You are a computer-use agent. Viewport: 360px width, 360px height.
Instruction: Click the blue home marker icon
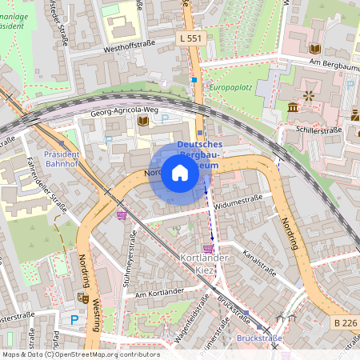pos(180,173)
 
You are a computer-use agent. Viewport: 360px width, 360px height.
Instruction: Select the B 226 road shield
pos(344,322)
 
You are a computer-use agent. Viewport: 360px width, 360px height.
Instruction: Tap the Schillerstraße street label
pos(319,130)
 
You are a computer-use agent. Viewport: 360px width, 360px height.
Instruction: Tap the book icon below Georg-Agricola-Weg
pos(143,122)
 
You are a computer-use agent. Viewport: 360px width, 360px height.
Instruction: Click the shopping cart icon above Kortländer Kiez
pos(207,248)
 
